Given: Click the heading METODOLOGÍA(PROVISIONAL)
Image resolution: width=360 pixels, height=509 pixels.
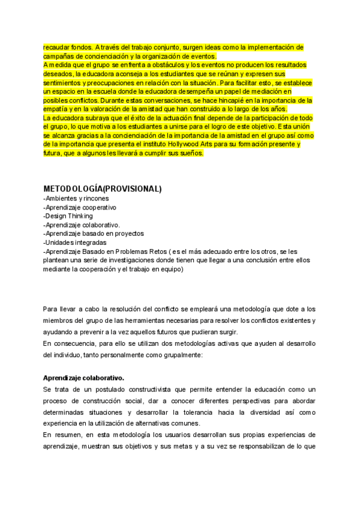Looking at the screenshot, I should click(103, 188).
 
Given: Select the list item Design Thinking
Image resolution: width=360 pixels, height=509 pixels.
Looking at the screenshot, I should click(68, 216).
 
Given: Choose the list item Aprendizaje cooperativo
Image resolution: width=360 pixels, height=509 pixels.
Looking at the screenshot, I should click(80, 207).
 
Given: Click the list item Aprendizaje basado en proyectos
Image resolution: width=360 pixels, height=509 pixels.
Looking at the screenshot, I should click(94, 233).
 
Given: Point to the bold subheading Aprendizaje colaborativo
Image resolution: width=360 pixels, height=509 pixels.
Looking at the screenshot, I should click(83, 378).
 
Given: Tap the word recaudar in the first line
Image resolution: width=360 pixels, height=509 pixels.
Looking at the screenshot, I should click(58, 47).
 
